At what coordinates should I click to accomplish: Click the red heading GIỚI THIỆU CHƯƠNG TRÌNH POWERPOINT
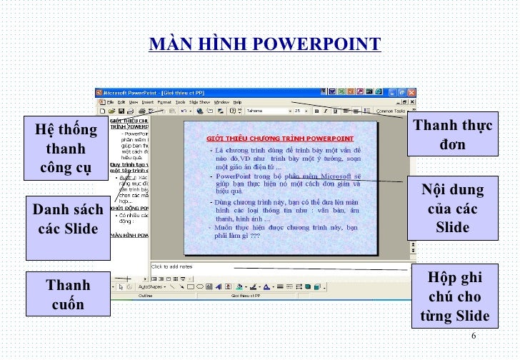pyautogui.click(x=281, y=137)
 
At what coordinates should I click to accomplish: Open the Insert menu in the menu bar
pyautogui.click(x=147, y=102)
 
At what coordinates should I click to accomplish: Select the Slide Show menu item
pyautogui.click(x=199, y=102)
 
